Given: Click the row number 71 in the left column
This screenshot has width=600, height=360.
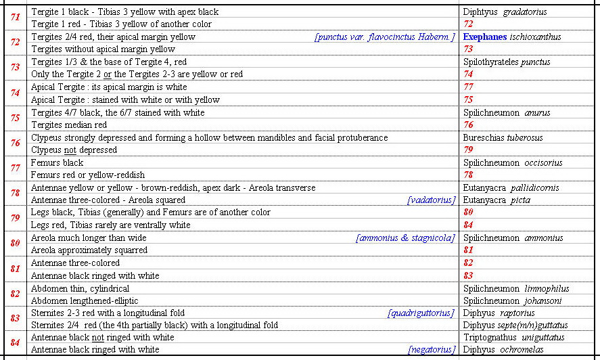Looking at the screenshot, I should tap(15, 18).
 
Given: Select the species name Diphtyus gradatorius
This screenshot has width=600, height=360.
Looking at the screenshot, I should tap(505, 12).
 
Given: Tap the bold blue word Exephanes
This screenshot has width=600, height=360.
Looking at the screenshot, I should tap(485, 37).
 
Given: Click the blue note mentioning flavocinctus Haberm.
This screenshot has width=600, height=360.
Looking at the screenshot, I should tap(384, 37).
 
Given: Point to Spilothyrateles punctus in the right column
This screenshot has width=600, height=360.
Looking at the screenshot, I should tap(507, 62).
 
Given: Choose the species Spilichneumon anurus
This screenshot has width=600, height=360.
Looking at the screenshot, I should tap(507, 112).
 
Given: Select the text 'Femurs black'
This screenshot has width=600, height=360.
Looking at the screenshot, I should tap(57, 162).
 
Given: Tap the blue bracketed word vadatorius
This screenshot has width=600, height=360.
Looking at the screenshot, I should tap(431, 200).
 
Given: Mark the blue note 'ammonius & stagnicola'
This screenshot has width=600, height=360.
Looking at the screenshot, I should tap(405, 238).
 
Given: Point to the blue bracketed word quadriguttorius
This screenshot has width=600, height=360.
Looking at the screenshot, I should tap(421, 313).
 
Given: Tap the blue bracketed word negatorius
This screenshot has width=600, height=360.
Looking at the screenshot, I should tap(432, 350).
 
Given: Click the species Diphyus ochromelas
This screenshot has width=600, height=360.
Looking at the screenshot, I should tap(505, 350).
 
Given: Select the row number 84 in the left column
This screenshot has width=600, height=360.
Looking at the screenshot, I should tap(15, 343).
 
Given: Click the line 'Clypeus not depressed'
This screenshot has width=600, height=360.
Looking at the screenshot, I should tap(74, 150).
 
